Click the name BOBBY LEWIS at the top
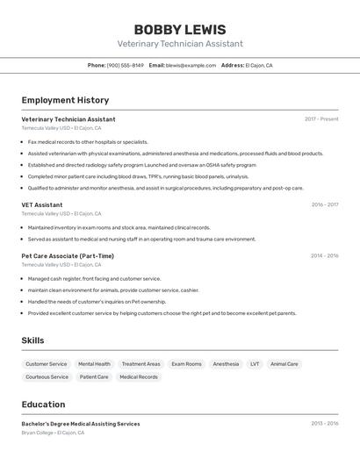coord(180,29)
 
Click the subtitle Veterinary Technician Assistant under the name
coord(180,44)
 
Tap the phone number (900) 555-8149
coord(126,65)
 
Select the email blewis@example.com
coord(191,65)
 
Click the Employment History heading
coord(65,100)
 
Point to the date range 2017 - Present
coord(321,119)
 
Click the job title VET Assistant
coord(42,204)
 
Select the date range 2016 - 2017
coord(324,204)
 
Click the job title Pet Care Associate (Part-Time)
coord(68,256)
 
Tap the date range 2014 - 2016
coord(324,256)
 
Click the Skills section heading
coord(32,340)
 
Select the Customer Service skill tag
coord(46,363)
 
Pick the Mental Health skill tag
coord(94,363)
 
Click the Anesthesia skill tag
coord(226,363)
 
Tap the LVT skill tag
coord(255,363)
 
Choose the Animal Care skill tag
coord(284,363)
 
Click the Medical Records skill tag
coord(139,376)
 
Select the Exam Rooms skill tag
coord(186,363)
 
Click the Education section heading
coord(43,404)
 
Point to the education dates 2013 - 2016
coord(324,424)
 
